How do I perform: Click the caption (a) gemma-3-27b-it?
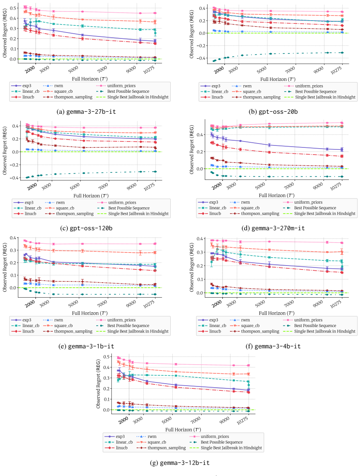[x=86, y=112]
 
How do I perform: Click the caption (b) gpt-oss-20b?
[x=273, y=112]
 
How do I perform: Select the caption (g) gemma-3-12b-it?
[x=180, y=463]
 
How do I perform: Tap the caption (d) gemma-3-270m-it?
[x=273, y=228]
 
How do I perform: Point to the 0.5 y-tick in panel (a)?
[x=13, y=8]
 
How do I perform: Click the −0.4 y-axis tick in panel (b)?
[x=200, y=58]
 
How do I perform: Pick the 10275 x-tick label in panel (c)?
[x=149, y=187]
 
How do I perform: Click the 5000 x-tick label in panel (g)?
[x=167, y=420]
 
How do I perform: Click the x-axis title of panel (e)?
[x=90, y=313]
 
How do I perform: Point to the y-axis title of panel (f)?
[x=191, y=267]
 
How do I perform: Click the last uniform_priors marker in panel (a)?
[x=155, y=13]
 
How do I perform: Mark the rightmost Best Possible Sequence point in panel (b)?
[x=342, y=53]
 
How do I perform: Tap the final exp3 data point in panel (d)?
[x=342, y=149]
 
